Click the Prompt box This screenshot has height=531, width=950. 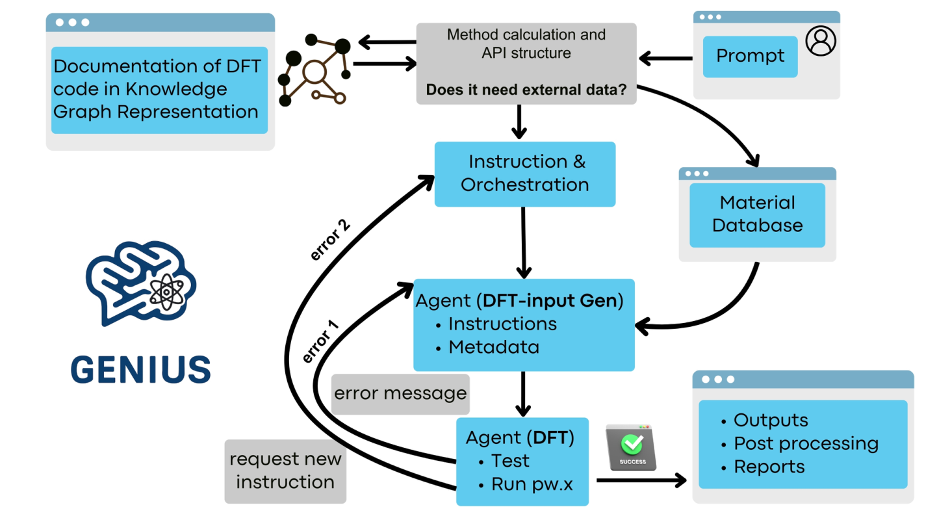pos(750,57)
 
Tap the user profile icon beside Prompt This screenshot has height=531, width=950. pos(821,41)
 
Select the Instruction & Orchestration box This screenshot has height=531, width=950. pos(524,174)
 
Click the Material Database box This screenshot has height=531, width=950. pos(757,214)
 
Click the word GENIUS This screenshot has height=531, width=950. pos(141,370)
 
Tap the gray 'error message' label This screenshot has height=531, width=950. pos(400,394)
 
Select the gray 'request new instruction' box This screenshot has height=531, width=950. pos(285,471)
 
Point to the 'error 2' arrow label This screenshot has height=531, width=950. pos(330,240)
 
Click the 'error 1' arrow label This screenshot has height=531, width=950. pos(320,342)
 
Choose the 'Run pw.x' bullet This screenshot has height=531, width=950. pos(532,484)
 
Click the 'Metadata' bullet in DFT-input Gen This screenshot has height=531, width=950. pos(493,347)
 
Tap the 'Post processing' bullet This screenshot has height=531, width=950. pos(806,443)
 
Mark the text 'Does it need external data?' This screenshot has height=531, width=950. pos(526,90)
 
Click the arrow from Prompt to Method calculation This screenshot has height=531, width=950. pos(665,58)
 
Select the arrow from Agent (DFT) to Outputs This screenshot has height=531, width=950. pos(641,480)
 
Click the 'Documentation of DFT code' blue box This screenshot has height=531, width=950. pos(159,90)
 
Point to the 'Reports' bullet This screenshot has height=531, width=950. pos(769,467)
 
